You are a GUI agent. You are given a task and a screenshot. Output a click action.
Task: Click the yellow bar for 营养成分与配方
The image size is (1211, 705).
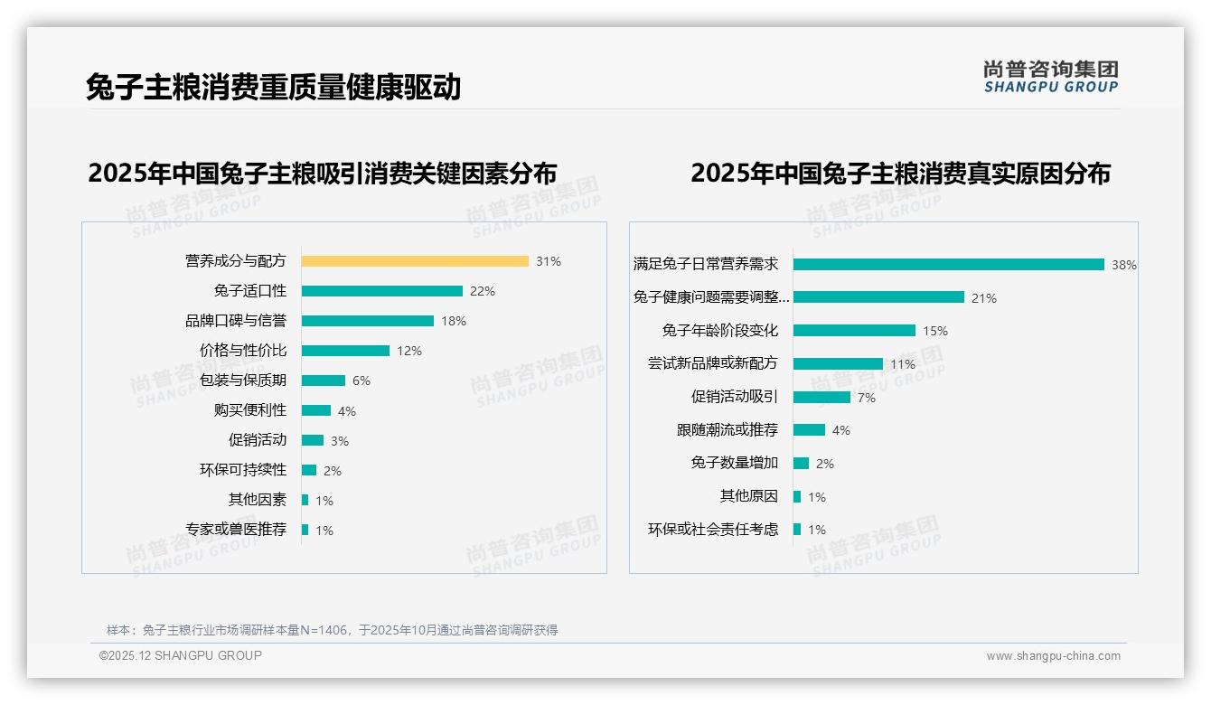pyautogui.click(x=415, y=261)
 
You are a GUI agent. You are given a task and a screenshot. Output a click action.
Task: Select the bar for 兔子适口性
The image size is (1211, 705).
pyautogui.click(x=381, y=291)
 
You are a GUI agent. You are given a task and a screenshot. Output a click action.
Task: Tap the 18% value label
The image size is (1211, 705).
pyautogui.click(x=454, y=321)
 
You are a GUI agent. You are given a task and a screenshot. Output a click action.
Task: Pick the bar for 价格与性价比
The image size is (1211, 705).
pyautogui.click(x=345, y=351)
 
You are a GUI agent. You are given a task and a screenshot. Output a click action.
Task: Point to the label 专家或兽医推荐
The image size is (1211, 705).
pyautogui.click(x=236, y=530)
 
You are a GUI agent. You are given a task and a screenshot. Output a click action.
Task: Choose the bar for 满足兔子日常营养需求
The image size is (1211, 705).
pyautogui.click(x=948, y=265)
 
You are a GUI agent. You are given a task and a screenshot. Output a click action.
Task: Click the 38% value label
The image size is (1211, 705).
pyautogui.click(x=1124, y=265)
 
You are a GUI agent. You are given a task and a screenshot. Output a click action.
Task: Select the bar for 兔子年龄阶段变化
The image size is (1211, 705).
pyautogui.click(x=854, y=331)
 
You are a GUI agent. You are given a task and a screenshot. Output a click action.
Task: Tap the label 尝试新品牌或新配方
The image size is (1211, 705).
pyautogui.click(x=712, y=363)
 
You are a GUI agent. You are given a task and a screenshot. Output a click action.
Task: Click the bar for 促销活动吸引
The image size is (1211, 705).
pyautogui.click(x=821, y=397)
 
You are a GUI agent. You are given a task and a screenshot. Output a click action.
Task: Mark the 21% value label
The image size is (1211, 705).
pyautogui.click(x=984, y=298)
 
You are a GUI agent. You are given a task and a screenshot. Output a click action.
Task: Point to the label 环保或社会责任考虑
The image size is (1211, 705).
pyautogui.click(x=712, y=530)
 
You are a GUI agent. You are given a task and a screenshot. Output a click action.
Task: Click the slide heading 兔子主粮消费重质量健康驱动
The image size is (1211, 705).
pyautogui.click(x=274, y=87)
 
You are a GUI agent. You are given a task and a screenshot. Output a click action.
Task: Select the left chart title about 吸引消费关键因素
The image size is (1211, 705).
pyautogui.click(x=323, y=173)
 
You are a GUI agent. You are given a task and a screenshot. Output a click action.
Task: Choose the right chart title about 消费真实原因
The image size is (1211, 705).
pyautogui.click(x=900, y=173)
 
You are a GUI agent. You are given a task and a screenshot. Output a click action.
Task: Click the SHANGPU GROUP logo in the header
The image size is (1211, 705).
pyautogui.click(x=1050, y=77)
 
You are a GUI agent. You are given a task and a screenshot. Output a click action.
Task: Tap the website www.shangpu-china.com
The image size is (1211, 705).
pyautogui.click(x=1053, y=656)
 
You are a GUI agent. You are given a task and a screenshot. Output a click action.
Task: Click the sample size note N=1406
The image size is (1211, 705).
pyautogui.click(x=332, y=630)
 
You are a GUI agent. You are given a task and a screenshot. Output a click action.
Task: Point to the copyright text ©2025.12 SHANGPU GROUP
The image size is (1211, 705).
pyautogui.click(x=181, y=655)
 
